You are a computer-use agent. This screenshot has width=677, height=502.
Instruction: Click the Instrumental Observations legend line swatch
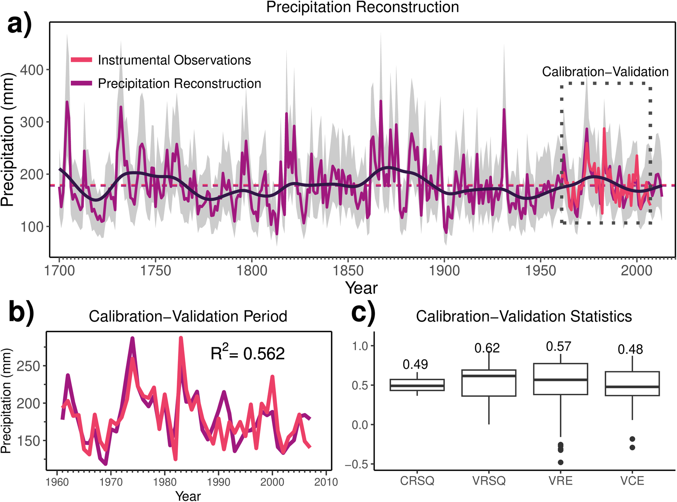pos(82,60)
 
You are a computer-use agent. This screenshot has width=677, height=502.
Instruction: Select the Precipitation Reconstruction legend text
pos(179,84)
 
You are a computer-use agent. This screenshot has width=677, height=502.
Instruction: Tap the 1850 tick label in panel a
pos(348,270)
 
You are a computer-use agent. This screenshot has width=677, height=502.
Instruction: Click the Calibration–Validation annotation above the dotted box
pos(605,72)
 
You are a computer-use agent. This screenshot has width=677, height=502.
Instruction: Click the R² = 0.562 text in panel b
pos(248,353)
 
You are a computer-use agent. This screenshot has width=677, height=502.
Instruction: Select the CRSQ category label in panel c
pos(417,481)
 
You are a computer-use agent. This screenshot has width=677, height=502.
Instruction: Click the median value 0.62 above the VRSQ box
pos(487,348)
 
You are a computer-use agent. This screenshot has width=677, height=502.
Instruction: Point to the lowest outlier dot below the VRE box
pos(561,462)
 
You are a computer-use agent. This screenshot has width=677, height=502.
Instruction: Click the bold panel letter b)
pos(21,313)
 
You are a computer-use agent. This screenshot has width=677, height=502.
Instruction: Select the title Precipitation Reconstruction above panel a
pos(362,7)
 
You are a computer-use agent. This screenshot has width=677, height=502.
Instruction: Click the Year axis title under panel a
pos(361,288)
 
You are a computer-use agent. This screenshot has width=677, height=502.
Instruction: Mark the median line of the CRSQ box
pos(417,386)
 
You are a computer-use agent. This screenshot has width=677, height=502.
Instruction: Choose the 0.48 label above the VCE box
pos(630,350)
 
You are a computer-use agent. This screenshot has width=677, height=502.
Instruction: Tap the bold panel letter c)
pos(363,313)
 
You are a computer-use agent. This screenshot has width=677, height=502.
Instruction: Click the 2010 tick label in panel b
pos(326,482)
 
